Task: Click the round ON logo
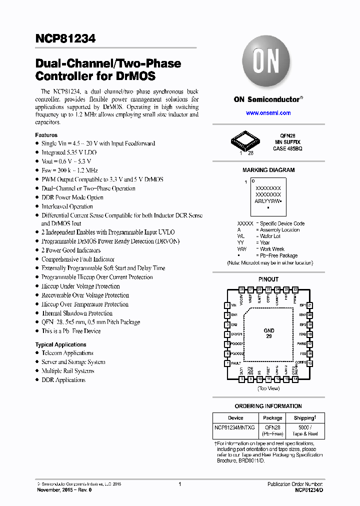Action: tap(268, 63)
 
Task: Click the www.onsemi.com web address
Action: tap(268, 113)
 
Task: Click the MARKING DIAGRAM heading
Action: tap(268, 170)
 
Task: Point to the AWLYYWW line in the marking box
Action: tap(268, 200)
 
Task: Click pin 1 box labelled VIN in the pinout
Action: tap(227, 305)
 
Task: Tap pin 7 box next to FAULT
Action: tap(227, 363)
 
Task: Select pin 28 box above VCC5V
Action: tap(241, 289)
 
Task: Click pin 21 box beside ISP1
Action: tap(310, 305)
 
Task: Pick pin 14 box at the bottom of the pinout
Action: tap(295, 379)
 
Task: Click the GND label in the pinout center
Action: tap(269, 331)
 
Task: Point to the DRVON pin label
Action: tap(237, 334)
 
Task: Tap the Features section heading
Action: tap(46, 135)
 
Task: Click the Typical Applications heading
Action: tap(60, 344)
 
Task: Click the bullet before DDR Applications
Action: tap(37, 380)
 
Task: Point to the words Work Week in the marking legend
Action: tap(272, 249)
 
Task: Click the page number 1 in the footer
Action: tap(179, 484)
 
